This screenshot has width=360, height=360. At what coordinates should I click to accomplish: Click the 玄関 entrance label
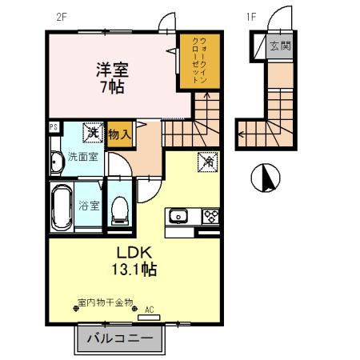point(280,46)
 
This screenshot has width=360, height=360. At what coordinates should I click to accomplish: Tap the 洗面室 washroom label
point(82,158)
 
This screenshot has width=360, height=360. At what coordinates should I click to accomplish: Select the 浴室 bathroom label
point(89,205)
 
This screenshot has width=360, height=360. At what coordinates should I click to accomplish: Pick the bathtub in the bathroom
point(62,206)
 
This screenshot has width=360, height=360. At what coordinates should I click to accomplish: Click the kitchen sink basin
point(178,216)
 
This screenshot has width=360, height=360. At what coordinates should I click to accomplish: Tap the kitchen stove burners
point(210,216)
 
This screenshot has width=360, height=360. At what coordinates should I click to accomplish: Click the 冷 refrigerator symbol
point(206,162)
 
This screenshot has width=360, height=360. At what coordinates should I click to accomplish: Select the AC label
point(149,309)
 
